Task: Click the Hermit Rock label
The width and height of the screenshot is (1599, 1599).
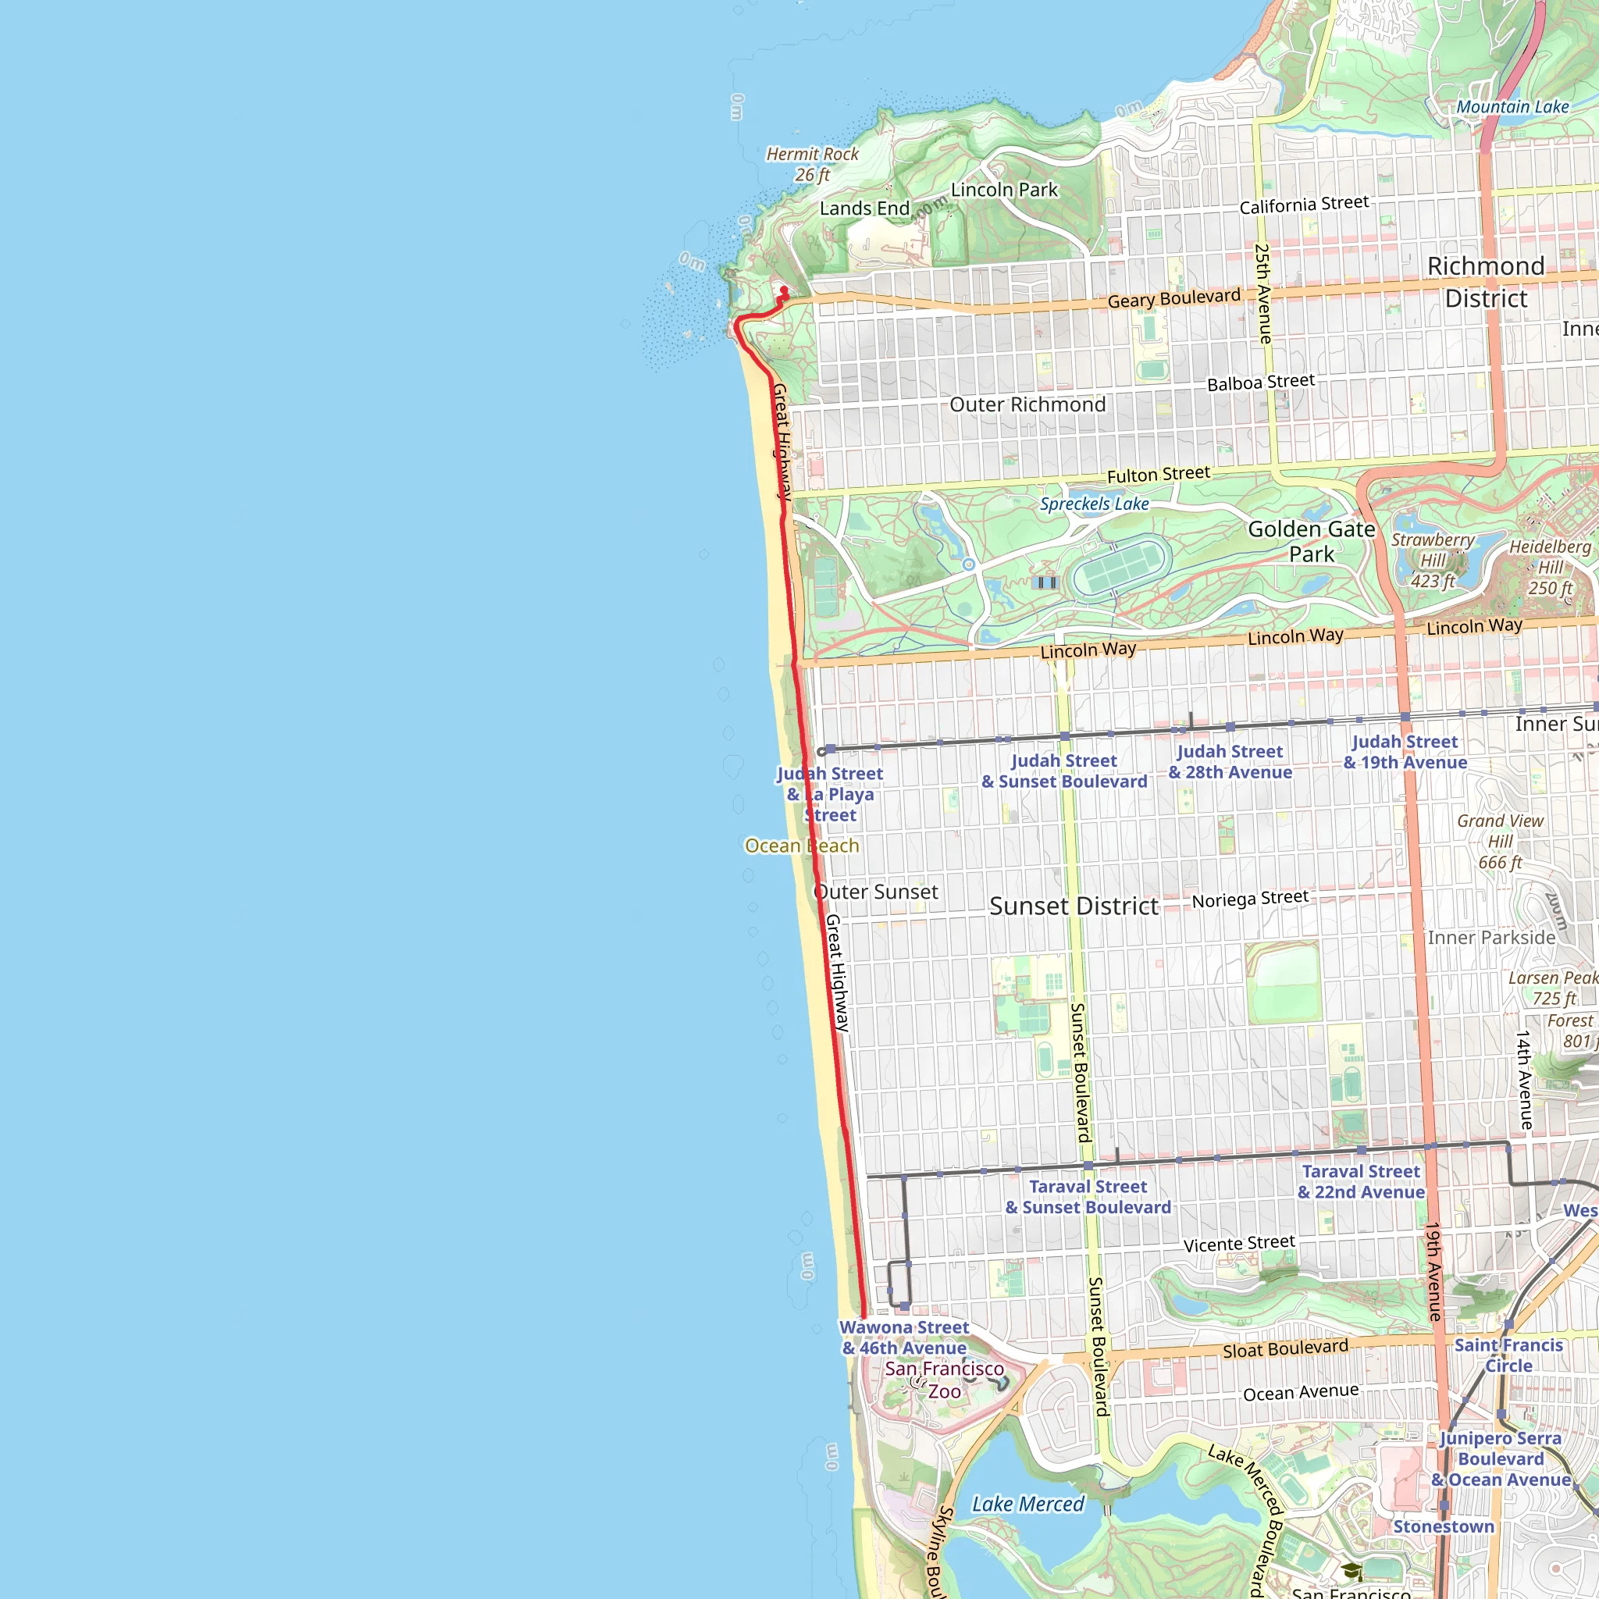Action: coord(812,164)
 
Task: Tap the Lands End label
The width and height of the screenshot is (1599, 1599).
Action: coord(864,208)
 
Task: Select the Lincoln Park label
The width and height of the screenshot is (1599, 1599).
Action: coord(1004,190)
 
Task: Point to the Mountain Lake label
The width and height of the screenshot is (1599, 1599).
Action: coord(1512,107)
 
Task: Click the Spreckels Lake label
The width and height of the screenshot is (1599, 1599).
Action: coord(1094,504)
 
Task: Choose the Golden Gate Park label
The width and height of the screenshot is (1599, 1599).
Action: coord(1311,541)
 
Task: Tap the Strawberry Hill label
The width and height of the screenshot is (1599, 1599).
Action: coord(1433,561)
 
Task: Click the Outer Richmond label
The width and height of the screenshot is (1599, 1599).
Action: coord(1027,404)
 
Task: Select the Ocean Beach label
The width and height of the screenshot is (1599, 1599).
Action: coord(801,845)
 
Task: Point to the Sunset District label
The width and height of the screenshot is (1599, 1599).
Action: coord(1074,906)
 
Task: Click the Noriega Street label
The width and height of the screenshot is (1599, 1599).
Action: coord(1250,898)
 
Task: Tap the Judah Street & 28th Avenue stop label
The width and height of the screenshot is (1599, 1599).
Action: coord(1230,761)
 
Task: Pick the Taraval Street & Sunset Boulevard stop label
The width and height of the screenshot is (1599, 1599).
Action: coord(1088,1197)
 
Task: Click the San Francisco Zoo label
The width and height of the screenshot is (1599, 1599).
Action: coord(945,1380)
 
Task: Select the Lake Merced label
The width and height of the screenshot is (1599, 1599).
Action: coord(1027,1504)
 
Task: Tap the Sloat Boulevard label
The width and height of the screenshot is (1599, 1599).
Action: coord(1285,1348)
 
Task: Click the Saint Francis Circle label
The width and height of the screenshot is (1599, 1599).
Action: coord(1508,1355)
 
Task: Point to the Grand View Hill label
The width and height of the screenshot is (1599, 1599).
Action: coord(1500,841)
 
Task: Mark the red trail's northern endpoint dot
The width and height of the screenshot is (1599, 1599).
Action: coord(785,290)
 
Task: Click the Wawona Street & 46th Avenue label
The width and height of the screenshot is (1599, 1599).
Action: coord(904,1337)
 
